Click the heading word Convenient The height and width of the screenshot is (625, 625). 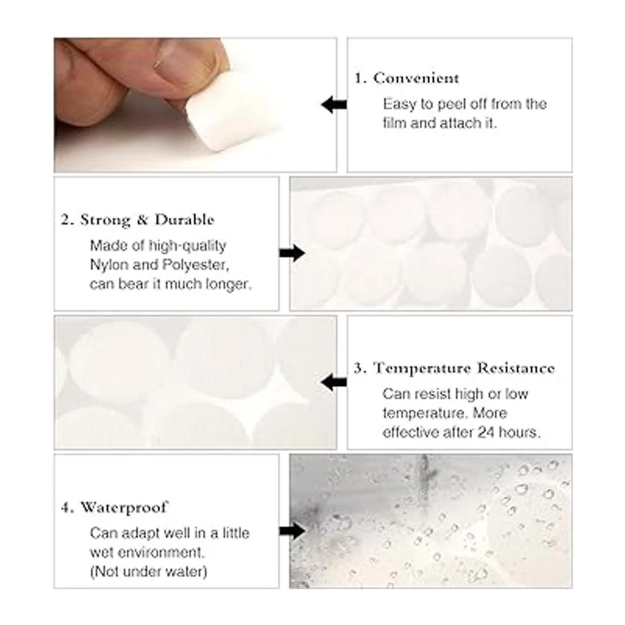416,78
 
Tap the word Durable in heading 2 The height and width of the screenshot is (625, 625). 184,220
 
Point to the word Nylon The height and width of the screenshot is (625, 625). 109,265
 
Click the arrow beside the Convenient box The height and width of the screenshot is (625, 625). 334,105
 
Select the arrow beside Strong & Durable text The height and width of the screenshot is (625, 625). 292,253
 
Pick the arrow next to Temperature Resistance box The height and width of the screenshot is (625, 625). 334,382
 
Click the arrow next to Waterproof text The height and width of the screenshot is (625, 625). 292,531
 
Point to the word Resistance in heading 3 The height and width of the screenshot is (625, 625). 516,368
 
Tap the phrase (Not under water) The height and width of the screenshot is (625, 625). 148,571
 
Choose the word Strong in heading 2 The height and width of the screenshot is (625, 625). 105,220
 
